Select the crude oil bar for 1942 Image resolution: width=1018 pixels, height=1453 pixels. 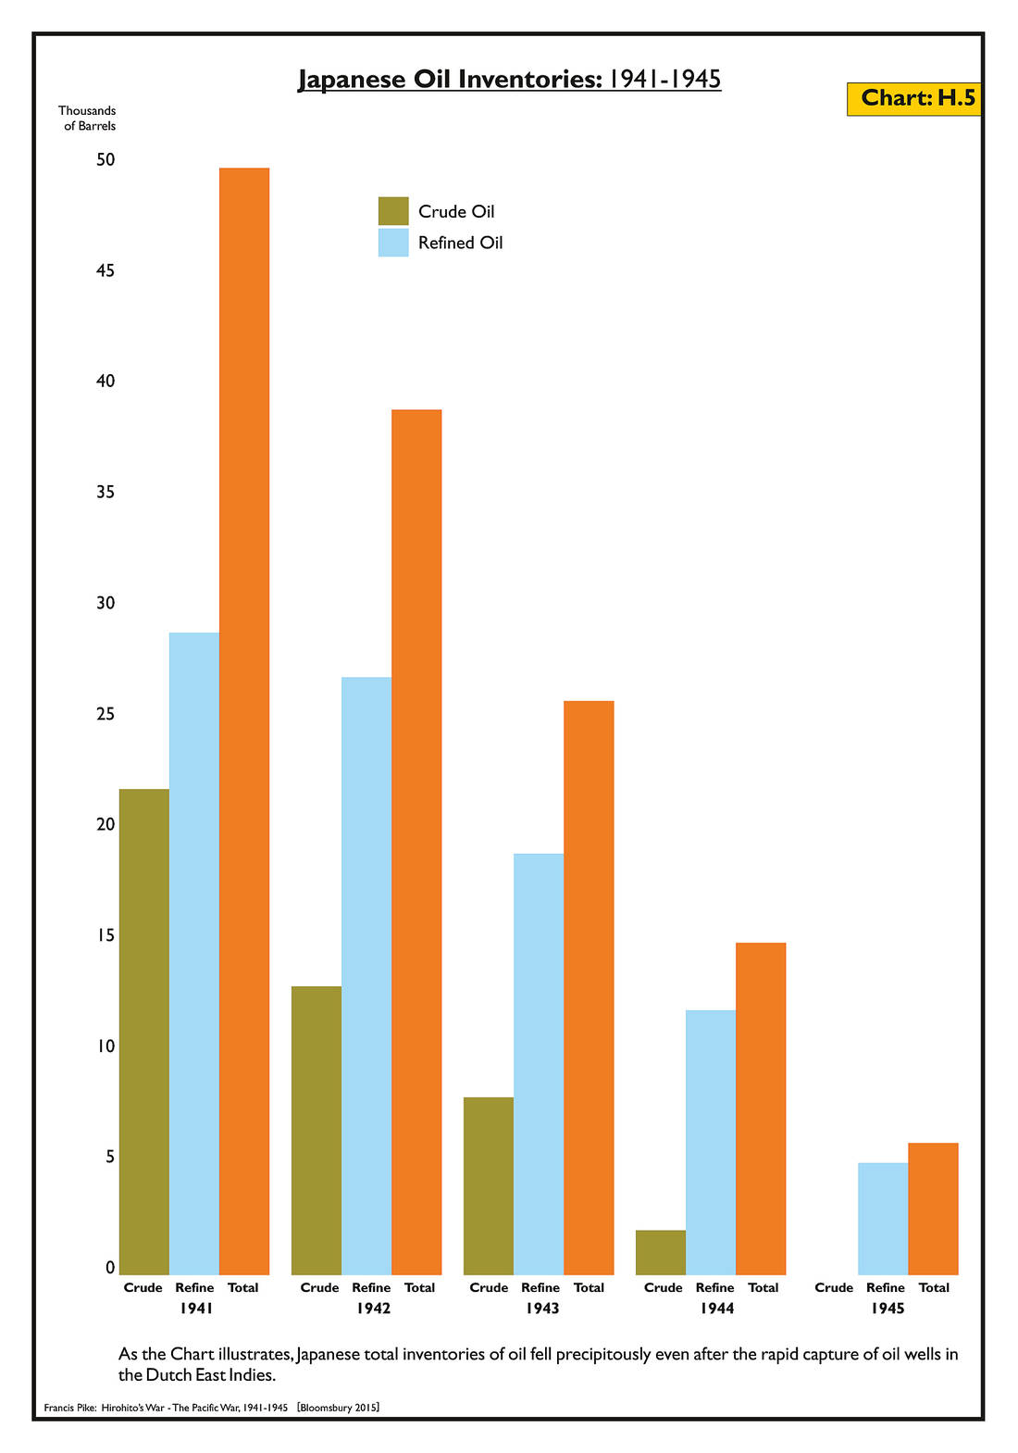coord(317,1130)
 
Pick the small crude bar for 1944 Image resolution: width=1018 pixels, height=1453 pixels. coord(661,1252)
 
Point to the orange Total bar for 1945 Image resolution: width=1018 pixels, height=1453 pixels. coord(933,1209)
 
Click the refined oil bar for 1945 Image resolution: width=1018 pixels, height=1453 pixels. coord(883,1218)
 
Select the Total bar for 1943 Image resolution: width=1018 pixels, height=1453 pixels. coord(589,987)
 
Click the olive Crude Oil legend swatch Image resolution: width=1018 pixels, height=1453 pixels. coord(393,211)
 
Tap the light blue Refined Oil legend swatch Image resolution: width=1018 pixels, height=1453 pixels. coord(393,243)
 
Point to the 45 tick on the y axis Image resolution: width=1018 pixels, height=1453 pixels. coord(106,270)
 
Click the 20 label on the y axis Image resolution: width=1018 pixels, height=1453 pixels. coord(106,824)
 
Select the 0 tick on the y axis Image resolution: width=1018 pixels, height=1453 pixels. coord(110,1268)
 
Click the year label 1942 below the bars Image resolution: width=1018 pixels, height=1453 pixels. coord(373,1309)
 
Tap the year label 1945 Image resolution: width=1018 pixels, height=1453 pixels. coord(888,1309)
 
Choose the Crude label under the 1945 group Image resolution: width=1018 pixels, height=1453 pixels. coord(834,1287)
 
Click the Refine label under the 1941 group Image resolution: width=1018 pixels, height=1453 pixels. coord(194,1287)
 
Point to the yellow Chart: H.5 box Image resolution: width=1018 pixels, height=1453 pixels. coord(914,98)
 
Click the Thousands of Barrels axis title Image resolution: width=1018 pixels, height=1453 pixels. coord(88,119)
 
